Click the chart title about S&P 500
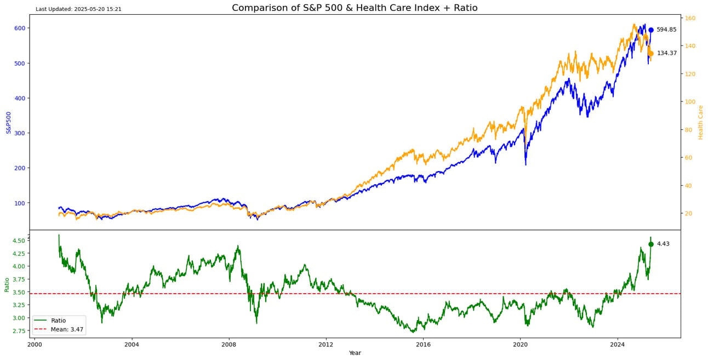click(x=355, y=8)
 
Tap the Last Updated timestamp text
click(x=78, y=9)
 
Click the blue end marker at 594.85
click(x=651, y=30)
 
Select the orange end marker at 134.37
click(x=651, y=54)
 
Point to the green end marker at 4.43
click(x=651, y=244)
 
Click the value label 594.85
click(x=666, y=30)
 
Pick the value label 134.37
click(x=667, y=54)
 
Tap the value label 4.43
click(x=663, y=244)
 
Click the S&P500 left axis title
click(x=9, y=122)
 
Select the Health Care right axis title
click(x=700, y=122)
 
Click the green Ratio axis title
click(x=7, y=284)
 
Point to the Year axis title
click(x=355, y=353)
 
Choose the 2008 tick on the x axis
click(x=229, y=345)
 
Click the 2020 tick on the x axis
click(x=520, y=345)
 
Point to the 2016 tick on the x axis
click(x=423, y=345)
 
